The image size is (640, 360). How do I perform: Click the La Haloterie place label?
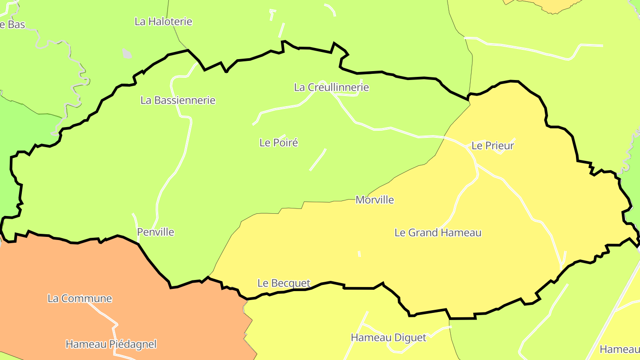(164, 21)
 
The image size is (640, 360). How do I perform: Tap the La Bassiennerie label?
(178, 100)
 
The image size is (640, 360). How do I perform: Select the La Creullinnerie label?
(332, 87)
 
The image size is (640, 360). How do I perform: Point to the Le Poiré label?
(279, 143)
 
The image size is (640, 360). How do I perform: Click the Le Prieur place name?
(492, 146)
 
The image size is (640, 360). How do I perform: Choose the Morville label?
(375, 200)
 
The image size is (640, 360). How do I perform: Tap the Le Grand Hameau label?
(438, 232)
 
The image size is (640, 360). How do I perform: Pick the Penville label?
(156, 232)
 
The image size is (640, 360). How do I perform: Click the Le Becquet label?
(284, 283)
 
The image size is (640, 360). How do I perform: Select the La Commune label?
(80, 298)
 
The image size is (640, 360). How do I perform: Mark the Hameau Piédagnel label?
(111, 344)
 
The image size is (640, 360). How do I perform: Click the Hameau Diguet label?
(388, 338)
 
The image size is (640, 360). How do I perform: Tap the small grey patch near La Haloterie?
(127, 53)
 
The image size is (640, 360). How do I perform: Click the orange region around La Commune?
(67, 271)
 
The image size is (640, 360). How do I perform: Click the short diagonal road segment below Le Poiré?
(318, 160)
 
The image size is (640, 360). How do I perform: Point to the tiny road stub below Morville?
(359, 254)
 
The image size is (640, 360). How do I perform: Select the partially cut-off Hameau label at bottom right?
(620, 349)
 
